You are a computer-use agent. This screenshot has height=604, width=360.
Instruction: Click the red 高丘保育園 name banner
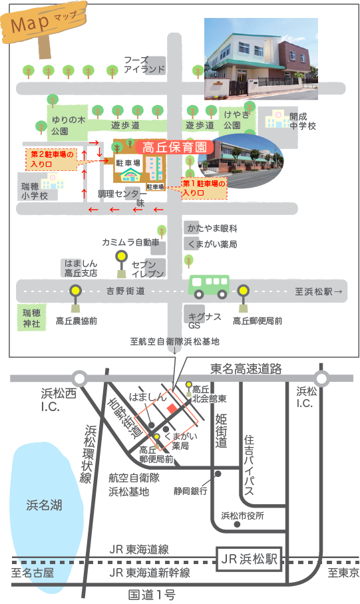pos(174,147)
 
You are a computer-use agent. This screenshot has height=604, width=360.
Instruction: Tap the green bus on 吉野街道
pos(209,287)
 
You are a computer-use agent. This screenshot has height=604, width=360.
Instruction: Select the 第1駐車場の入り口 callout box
pos(204,188)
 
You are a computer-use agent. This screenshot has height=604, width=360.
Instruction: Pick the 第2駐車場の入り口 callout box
pos(52,160)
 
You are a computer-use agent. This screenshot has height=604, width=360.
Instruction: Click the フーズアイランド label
pos(144,65)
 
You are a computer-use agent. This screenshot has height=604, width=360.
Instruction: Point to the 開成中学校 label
pos(303,121)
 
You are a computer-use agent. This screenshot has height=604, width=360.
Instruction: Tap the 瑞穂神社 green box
pos(31,318)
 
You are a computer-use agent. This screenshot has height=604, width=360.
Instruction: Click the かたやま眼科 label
pos(212,228)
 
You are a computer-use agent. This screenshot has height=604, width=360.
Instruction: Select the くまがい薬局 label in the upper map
pos(212,244)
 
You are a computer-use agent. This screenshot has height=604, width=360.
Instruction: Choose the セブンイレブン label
pos(148,269)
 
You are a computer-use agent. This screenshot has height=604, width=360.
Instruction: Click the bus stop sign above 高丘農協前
pos(76,298)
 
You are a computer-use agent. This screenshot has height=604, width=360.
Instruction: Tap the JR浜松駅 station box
pos(249,559)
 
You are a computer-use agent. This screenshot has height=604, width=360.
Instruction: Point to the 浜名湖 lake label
pos(44,505)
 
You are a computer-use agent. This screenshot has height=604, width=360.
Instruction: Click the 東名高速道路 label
pos(246,369)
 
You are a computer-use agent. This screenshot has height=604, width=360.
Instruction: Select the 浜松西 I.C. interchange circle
pos(80,378)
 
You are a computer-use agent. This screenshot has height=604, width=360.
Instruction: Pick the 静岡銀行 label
pos(190,491)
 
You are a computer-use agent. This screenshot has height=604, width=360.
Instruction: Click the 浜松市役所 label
pos(242,516)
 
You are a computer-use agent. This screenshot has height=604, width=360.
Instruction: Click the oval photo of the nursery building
pos(241,161)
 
